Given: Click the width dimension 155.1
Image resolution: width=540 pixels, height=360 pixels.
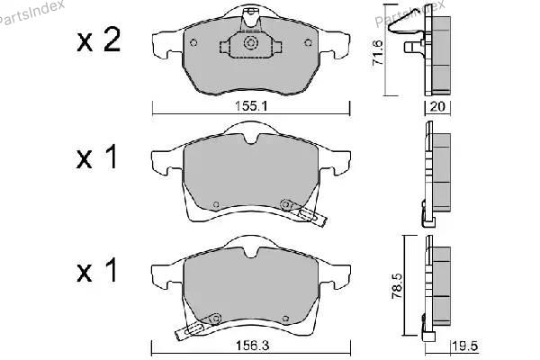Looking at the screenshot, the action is [x=251, y=106].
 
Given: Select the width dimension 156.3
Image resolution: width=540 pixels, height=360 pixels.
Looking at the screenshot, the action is [x=251, y=346].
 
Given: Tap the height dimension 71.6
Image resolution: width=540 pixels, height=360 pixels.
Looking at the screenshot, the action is [x=377, y=53].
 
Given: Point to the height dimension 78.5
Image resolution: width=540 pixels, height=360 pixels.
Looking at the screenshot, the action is [x=397, y=286].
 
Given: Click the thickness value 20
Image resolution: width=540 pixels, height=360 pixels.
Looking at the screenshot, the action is [x=437, y=106].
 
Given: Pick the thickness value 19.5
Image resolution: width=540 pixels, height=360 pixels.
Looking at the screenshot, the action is [x=465, y=346].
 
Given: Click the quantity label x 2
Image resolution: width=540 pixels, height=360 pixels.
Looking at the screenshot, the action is [x=99, y=40].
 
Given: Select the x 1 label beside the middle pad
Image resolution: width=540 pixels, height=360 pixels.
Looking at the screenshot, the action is [x=97, y=157].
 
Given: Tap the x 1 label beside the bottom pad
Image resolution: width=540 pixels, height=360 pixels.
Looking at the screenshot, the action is [x=97, y=271].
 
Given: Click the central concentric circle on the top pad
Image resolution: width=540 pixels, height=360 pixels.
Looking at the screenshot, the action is [x=250, y=43].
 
